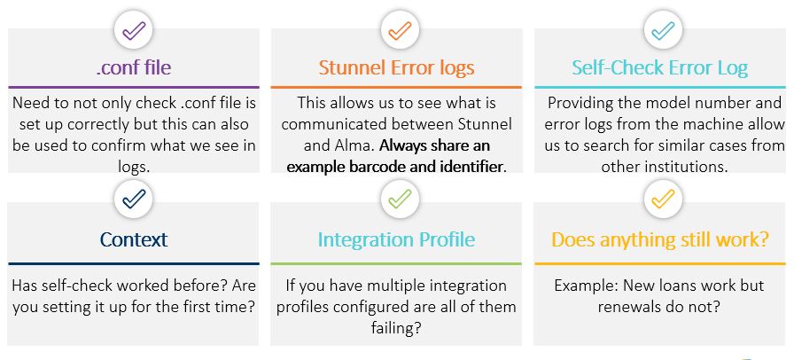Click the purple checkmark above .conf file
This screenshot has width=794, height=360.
point(134,30)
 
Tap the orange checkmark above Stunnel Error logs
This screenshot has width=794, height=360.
point(400,30)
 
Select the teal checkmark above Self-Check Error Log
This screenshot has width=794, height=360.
point(663,30)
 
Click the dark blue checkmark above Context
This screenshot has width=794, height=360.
point(134,199)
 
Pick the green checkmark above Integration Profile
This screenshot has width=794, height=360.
point(400,199)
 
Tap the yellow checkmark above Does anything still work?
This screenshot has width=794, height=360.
point(663,199)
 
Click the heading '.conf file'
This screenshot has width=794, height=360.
point(134,67)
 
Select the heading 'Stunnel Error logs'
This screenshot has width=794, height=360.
point(396,67)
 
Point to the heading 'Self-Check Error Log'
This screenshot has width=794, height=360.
point(660,67)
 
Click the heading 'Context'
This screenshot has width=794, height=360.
point(134,239)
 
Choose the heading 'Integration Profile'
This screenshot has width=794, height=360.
point(396,239)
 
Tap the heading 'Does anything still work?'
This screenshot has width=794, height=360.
point(660,239)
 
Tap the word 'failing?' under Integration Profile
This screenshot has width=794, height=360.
point(396,328)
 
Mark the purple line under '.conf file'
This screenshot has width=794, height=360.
point(134,87)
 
